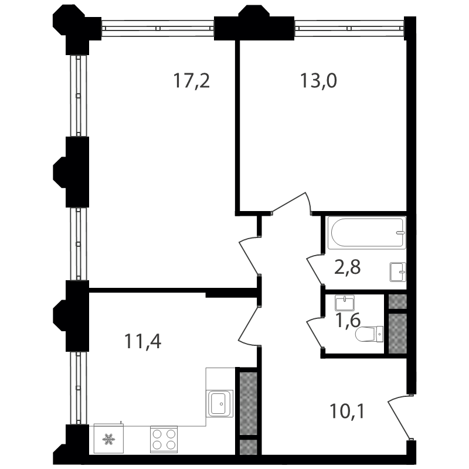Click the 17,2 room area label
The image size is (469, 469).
click(192, 81)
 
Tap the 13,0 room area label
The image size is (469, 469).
click(318, 81)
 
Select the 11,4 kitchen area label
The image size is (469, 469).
click(142, 342)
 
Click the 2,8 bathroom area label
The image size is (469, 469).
click(347, 267)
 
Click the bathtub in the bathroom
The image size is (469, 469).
click(367, 233)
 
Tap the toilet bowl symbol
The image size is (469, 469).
click(369, 334)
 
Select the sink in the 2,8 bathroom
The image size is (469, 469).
click(398, 272)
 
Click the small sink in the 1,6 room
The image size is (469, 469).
click(345, 303)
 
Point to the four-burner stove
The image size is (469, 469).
click(164, 439)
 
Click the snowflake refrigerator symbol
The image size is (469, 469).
click(108, 439)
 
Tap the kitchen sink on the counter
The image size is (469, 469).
click(219, 403)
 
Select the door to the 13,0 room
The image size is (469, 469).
click(291, 203)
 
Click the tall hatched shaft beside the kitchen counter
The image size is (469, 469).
click(248, 403)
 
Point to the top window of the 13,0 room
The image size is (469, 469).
click(349, 28)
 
